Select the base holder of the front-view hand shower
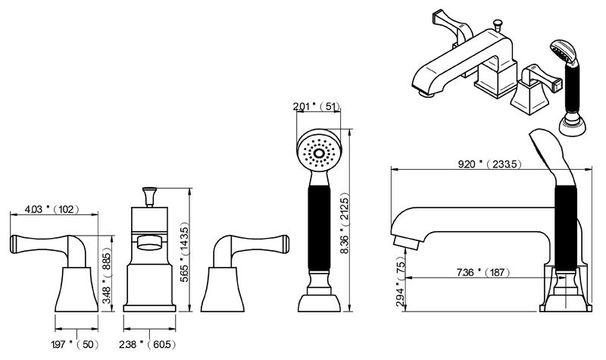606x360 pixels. pyautogui.click(x=318, y=300)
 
